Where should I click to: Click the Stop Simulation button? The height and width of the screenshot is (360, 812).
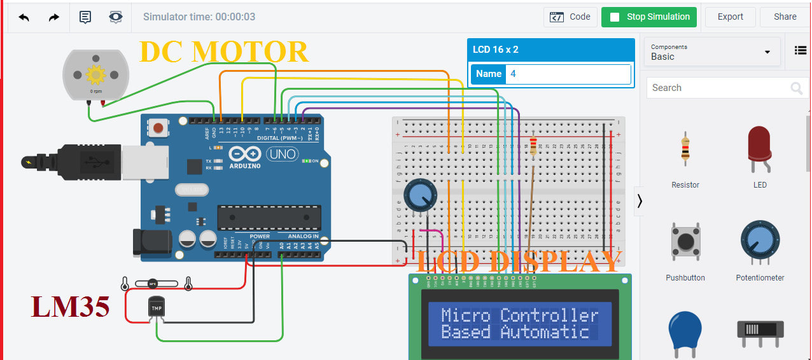[648, 17]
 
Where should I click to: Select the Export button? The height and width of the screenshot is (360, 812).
[730, 17]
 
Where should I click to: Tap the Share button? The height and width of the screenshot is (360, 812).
[785, 17]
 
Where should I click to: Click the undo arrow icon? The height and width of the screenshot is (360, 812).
[24, 17]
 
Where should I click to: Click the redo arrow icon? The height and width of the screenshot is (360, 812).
[54, 17]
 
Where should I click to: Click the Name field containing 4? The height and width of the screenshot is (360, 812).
[569, 74]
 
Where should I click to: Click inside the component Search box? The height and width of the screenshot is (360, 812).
[716, 88]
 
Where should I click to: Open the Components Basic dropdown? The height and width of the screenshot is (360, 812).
[711, 52]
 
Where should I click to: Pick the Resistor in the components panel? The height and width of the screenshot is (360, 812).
[685, 147]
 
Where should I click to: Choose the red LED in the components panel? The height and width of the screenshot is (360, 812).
[759, 147]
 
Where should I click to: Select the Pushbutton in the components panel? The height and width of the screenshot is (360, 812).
[685, 242]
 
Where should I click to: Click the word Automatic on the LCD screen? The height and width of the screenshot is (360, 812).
[544, 332]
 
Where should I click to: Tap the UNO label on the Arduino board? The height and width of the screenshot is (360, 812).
[281, 155]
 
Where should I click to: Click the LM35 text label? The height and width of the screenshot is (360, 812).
[70, 307]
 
